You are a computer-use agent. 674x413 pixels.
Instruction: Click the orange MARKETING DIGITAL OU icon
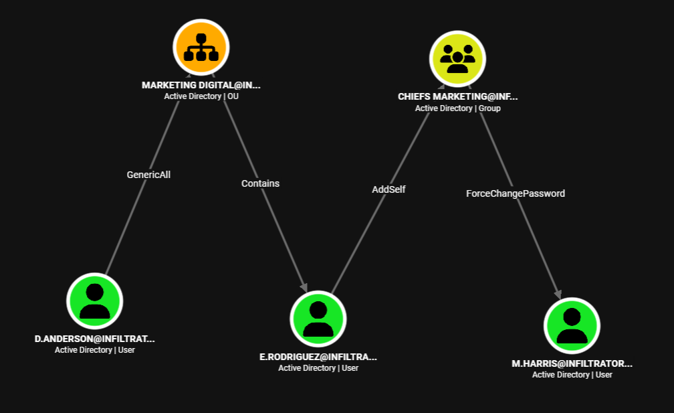201,47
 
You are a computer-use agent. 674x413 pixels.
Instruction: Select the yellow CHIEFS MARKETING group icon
457,58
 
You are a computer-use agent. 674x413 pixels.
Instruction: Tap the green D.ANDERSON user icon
94,301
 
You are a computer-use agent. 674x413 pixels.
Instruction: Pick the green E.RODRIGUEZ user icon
318,319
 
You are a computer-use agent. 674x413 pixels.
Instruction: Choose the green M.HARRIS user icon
572,326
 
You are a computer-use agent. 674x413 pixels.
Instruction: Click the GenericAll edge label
148,175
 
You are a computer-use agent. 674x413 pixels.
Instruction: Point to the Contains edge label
260,183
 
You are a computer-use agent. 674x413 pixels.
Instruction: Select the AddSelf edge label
388,189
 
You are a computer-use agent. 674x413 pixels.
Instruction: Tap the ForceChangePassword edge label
516,193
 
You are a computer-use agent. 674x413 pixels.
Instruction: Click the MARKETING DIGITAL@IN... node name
201,85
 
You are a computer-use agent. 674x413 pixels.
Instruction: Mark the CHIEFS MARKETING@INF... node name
458,96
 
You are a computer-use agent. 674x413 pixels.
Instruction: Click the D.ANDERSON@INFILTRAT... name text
94,339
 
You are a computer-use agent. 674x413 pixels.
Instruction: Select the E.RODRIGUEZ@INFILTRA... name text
318,357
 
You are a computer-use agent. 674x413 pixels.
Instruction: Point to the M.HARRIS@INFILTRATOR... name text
572,364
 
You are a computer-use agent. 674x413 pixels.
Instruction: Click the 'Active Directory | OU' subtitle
201,96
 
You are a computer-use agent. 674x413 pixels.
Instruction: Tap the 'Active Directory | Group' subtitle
458,108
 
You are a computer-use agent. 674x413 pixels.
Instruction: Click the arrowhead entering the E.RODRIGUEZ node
304,287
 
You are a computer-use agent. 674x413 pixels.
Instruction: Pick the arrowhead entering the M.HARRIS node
558,294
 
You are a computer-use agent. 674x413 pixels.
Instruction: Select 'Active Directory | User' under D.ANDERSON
94,350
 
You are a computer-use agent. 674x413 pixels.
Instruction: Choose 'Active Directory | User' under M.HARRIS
572,375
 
